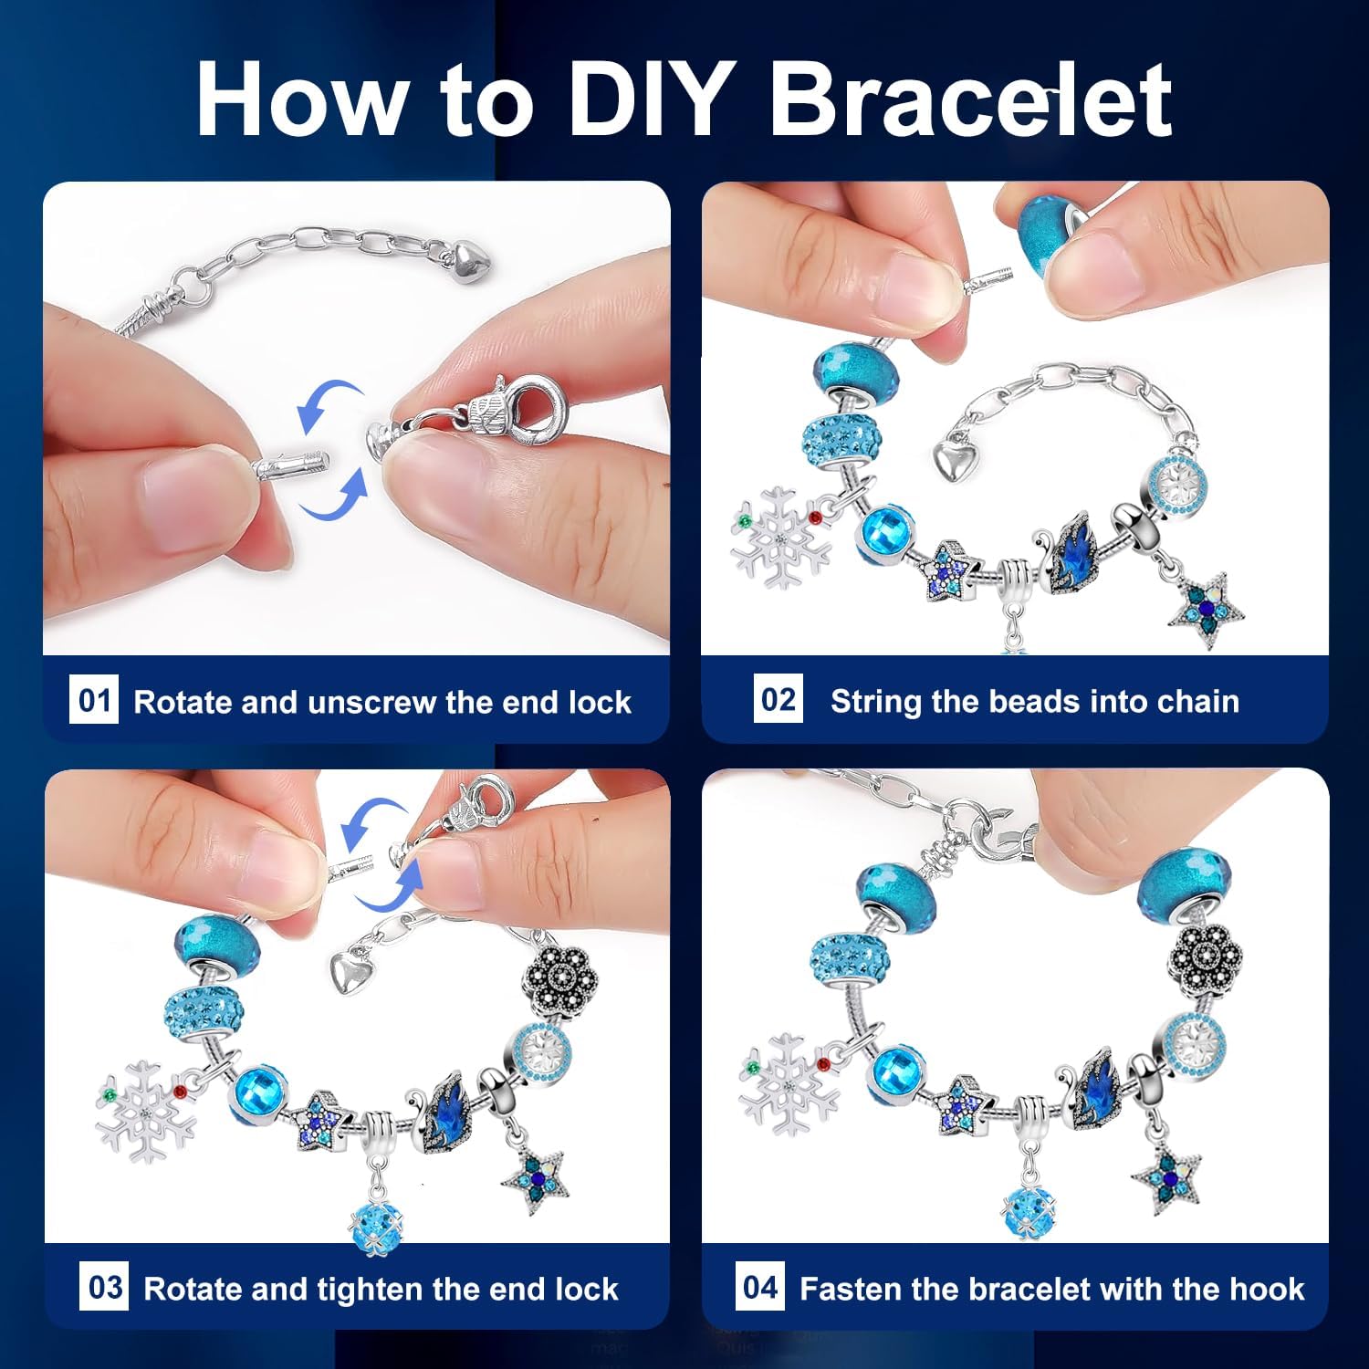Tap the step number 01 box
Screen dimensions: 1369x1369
[94, 700]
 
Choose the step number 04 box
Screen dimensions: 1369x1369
[760, 1287]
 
